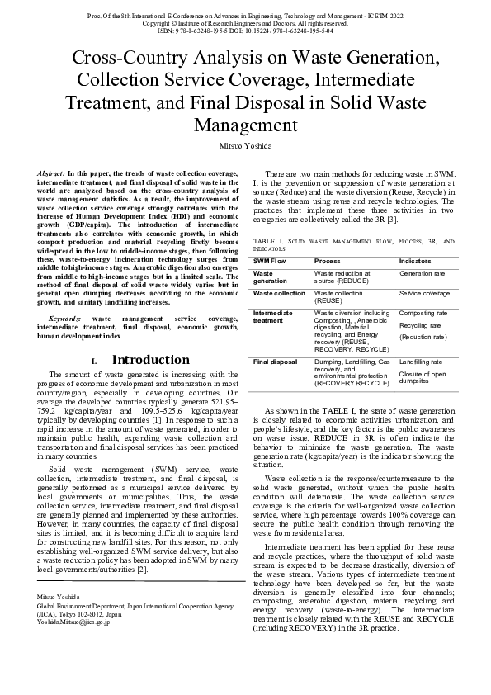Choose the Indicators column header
415,260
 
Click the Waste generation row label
270,277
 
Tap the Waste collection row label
279,293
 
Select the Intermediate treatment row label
274,317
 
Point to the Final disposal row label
275,362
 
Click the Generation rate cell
422,272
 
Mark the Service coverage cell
424,293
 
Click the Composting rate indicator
423,314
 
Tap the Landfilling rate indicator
421,362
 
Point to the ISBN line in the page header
245,31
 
